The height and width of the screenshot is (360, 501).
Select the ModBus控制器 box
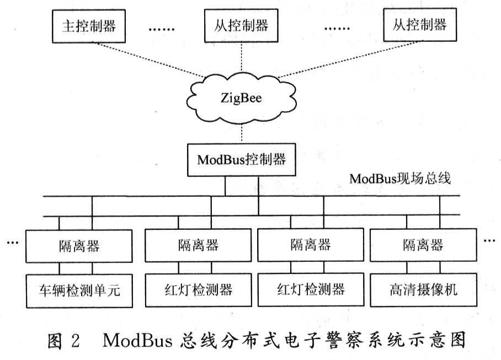(x=241, y=159)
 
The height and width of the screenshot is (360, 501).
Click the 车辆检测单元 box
(x=79, y=289)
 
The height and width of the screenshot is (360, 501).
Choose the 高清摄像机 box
(x=423, y=289)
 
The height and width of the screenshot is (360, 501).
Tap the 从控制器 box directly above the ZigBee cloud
(x=241, y=26)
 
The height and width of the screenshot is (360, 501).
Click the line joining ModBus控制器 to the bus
(x=225, y=186)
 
